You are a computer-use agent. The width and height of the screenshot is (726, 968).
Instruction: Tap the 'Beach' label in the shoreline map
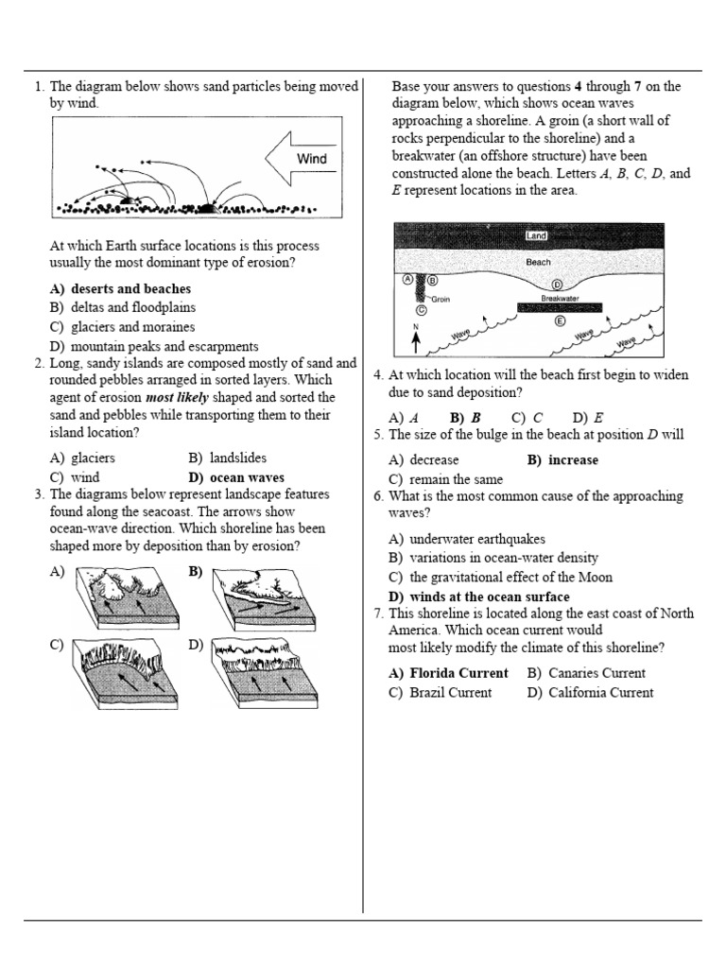click(x=538, y=261)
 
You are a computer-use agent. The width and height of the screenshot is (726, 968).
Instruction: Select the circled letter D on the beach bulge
click(x=557, y=285)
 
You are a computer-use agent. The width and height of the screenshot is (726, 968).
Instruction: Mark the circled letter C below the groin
click(x=422, y=309)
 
